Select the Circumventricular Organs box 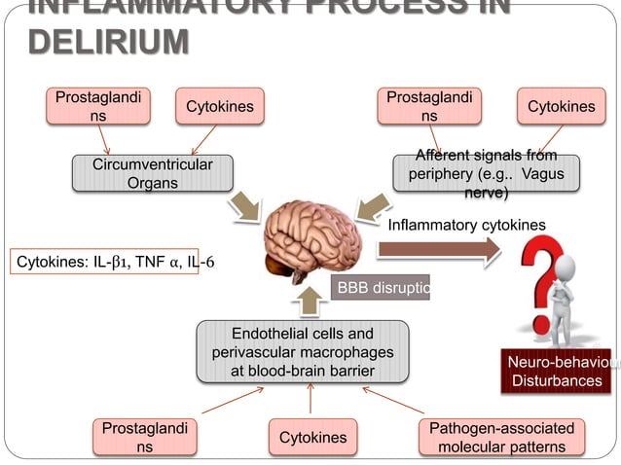(x=153, y=174)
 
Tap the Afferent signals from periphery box (x=486, y=175)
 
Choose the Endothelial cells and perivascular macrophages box (x=302, y=352)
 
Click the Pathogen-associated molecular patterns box (x=501, y=437)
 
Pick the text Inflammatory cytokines (x=466, y=226)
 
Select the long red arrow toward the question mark (x=438, y=250)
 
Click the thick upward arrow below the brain (x=310, y=299)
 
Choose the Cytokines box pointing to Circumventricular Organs (x=220, y=107)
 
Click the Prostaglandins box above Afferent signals (x=429, y=107)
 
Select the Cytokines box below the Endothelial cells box (x=312, y=437)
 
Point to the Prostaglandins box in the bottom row (x=144, y=437)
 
